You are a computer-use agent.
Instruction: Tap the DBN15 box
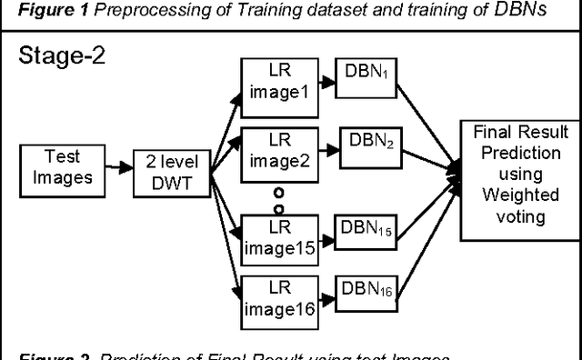click(367, 229)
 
